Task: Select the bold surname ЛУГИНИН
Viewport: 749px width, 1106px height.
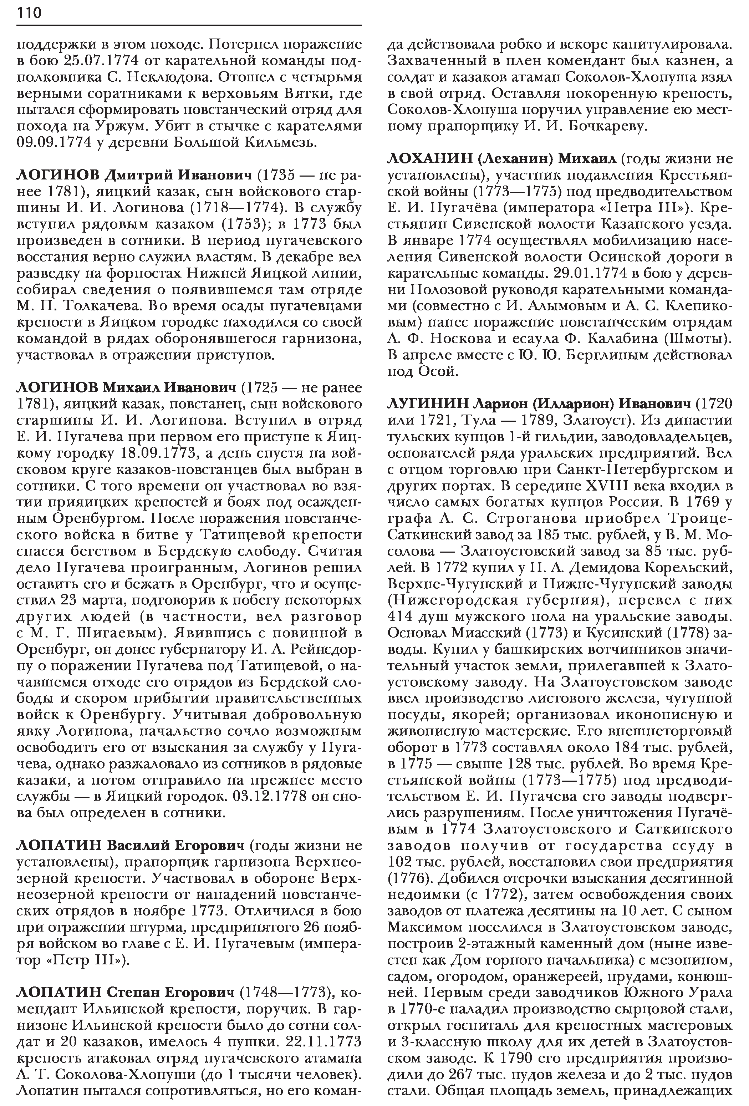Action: [429, 404]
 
